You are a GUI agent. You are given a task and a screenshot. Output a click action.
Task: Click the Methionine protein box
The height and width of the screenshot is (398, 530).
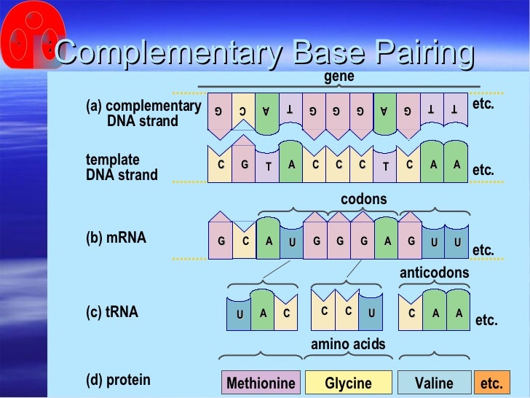pyautogui.click(x=261, y=383)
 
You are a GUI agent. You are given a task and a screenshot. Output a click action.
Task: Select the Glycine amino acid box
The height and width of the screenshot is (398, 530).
pyautogui.click(x=348, y=383)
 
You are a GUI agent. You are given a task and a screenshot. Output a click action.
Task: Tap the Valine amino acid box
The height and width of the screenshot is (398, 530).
pyautogui.click(x=433, y=383)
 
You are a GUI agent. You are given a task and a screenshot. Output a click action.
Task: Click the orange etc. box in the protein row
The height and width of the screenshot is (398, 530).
pyautogui.click(x=492, y=383)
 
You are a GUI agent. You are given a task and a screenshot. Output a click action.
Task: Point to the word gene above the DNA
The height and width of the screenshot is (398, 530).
pyautogui.click(x=339, y=76)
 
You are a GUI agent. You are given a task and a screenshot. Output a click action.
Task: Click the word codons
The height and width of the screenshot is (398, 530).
pyautogui.click(x=364, y=199)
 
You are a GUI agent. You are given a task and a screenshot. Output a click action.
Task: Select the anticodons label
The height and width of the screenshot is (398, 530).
pyautogui.click(x=435, y=273)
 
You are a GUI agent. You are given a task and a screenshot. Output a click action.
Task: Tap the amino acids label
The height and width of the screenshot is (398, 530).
pyautogui.click(x=349, y=344)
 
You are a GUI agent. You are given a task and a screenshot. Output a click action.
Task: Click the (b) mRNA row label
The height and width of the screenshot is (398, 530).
pyautogui.click(x=116, y=238)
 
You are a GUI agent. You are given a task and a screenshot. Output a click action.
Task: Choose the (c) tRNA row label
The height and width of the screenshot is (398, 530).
pyautogui.click(x=112, y=312)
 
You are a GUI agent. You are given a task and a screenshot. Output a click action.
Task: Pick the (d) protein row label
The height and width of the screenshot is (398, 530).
pyautogui.click(x=118, y=379)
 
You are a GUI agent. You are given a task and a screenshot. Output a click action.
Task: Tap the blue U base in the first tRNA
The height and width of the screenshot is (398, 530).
pyautogui.click(x=240, y=314)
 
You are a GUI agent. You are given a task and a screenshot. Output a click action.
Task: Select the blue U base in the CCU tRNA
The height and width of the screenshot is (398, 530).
pyautogui.click(x=371, y=311)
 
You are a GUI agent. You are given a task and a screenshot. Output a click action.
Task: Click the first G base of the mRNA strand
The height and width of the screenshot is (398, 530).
pyautogui.click(x=221, y=241)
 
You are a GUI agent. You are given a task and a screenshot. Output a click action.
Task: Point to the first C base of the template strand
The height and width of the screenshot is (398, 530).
pyautogui.click(x=221, y=165)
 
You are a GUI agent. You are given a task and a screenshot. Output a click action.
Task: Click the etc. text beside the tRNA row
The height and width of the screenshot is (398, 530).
pyautogui.click(x=486, y=320)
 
